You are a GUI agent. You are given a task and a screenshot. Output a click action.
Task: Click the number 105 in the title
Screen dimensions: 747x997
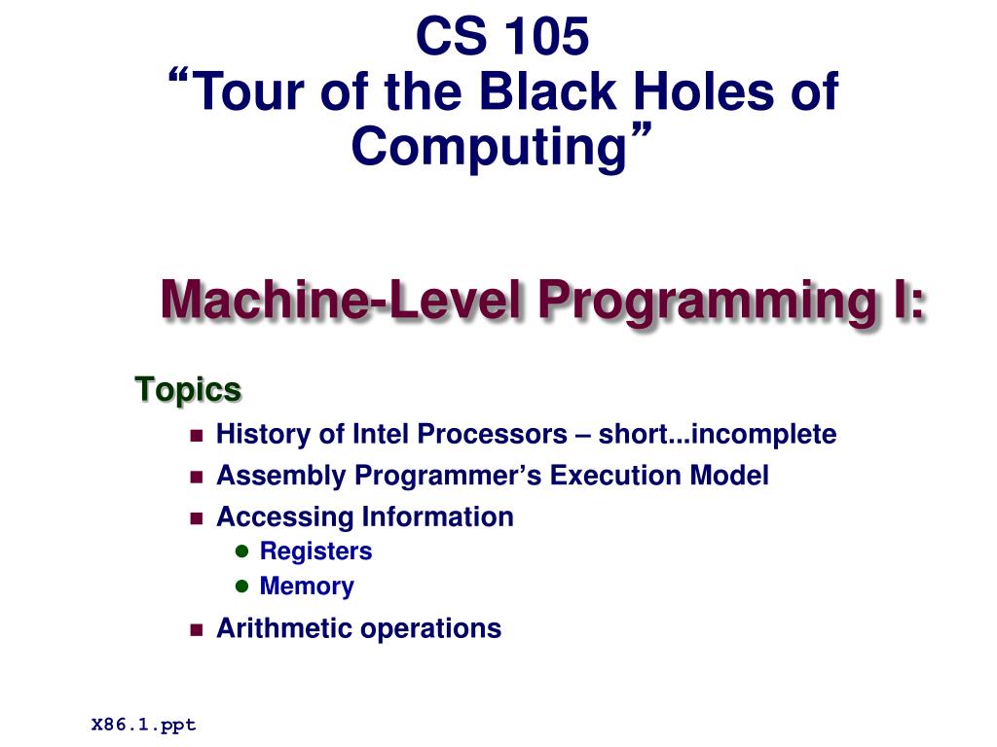coord(546,37)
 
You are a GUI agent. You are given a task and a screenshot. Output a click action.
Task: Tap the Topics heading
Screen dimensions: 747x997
coord(188,390)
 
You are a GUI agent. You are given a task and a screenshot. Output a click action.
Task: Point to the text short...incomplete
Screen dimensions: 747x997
coord(717,434)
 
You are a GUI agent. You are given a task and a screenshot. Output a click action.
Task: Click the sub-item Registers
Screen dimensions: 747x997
coord(315,551)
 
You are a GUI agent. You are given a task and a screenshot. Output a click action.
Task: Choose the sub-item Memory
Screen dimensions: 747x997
coord(307,587)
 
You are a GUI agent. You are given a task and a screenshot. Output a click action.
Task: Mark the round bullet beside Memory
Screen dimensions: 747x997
coord(243,587)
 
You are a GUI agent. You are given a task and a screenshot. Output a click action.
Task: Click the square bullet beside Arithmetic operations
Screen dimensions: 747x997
coord(196,629)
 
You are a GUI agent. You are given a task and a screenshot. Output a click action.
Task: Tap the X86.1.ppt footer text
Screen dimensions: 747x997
coord(143,725)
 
